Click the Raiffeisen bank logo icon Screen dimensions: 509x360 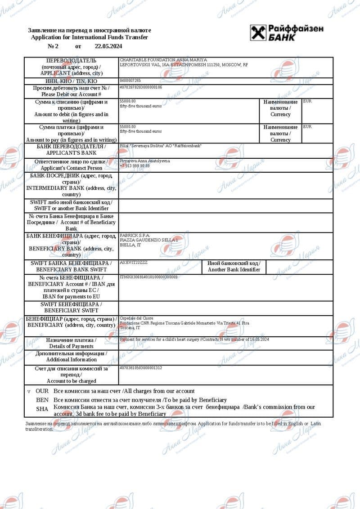coord(258,33)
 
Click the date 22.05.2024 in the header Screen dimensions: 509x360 coord(108,46)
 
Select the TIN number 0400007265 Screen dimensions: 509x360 coord(130,80)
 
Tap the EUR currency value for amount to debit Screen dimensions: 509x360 coord(307,101)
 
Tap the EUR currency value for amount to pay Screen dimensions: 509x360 coord(307,127)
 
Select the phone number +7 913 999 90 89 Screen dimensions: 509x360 coord(135,165)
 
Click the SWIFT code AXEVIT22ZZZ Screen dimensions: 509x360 coord(134,262)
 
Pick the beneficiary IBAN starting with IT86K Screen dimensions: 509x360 coord(148,277)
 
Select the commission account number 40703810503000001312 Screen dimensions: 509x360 coord(141,368)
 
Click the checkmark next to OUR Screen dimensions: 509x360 coord(29,392)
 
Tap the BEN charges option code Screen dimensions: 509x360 coord(42,400)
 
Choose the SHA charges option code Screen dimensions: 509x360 coord(42,409)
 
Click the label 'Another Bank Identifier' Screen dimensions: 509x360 coord(234,269)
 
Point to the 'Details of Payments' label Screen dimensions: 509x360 coord(71,346)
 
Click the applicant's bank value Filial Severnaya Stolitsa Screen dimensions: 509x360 coord(161,146)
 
